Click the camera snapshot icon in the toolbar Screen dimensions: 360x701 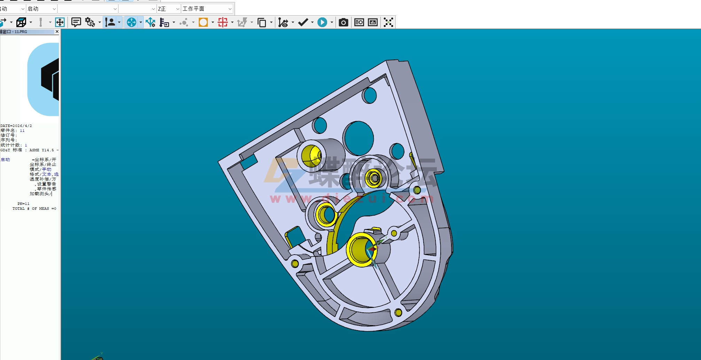coord(343,23)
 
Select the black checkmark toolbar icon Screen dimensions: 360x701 coord(303,23)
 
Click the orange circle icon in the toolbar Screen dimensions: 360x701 coord(203,23)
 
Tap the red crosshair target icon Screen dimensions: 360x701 coord(223,23)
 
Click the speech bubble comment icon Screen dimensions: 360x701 coord(76,23)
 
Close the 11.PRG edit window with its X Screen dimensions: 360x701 coord(57,32)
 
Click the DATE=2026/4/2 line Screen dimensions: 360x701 coord(16,126)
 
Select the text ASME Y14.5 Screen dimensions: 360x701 coord(41,150)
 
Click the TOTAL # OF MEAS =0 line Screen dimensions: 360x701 coord(34,209)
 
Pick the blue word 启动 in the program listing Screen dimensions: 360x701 coord(5,160)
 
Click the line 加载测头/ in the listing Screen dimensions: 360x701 coord(40,194)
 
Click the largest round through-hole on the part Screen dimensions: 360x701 coord(359,138)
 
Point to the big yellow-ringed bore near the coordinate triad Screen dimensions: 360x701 coord(361,249)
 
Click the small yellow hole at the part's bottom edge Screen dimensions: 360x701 coord(399,313)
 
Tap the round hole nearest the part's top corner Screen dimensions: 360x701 coord(369,95)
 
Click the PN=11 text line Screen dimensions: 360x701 coord(23,204)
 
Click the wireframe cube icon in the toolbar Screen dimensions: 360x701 coord(21,23)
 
